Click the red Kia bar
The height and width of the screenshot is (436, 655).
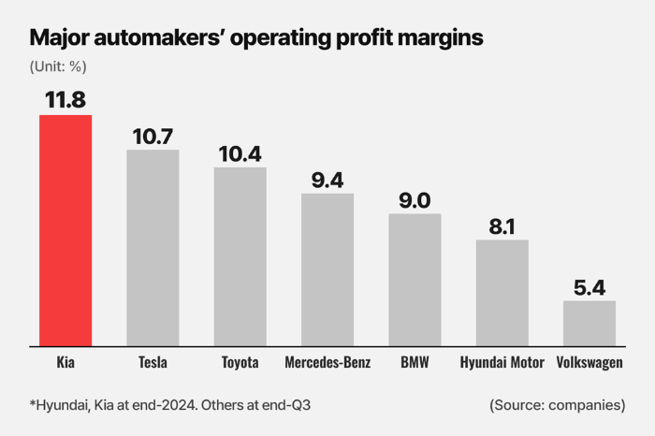[65, 230]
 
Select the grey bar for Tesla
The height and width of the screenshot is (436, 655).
[153, 248]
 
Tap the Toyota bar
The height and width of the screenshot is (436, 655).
[240, 256]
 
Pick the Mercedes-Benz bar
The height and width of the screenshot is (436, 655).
[327, 269]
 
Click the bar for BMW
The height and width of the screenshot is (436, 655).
[415, 280]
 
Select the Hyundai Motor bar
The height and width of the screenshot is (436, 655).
[502, 293]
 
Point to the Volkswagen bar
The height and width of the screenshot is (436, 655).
[589, 323]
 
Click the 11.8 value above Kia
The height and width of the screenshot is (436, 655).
[65, 98]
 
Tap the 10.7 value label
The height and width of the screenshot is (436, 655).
[153, 135]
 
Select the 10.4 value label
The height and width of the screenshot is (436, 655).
[240, 153]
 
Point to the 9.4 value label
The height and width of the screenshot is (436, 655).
[327, 180]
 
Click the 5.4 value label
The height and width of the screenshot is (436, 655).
[589, 286]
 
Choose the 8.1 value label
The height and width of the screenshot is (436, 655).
[502, 225]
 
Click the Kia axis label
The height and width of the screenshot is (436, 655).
[65, 362]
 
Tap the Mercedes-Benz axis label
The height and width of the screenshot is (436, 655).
[327, 362]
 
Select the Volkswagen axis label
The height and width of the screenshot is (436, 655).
[589, 362]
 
